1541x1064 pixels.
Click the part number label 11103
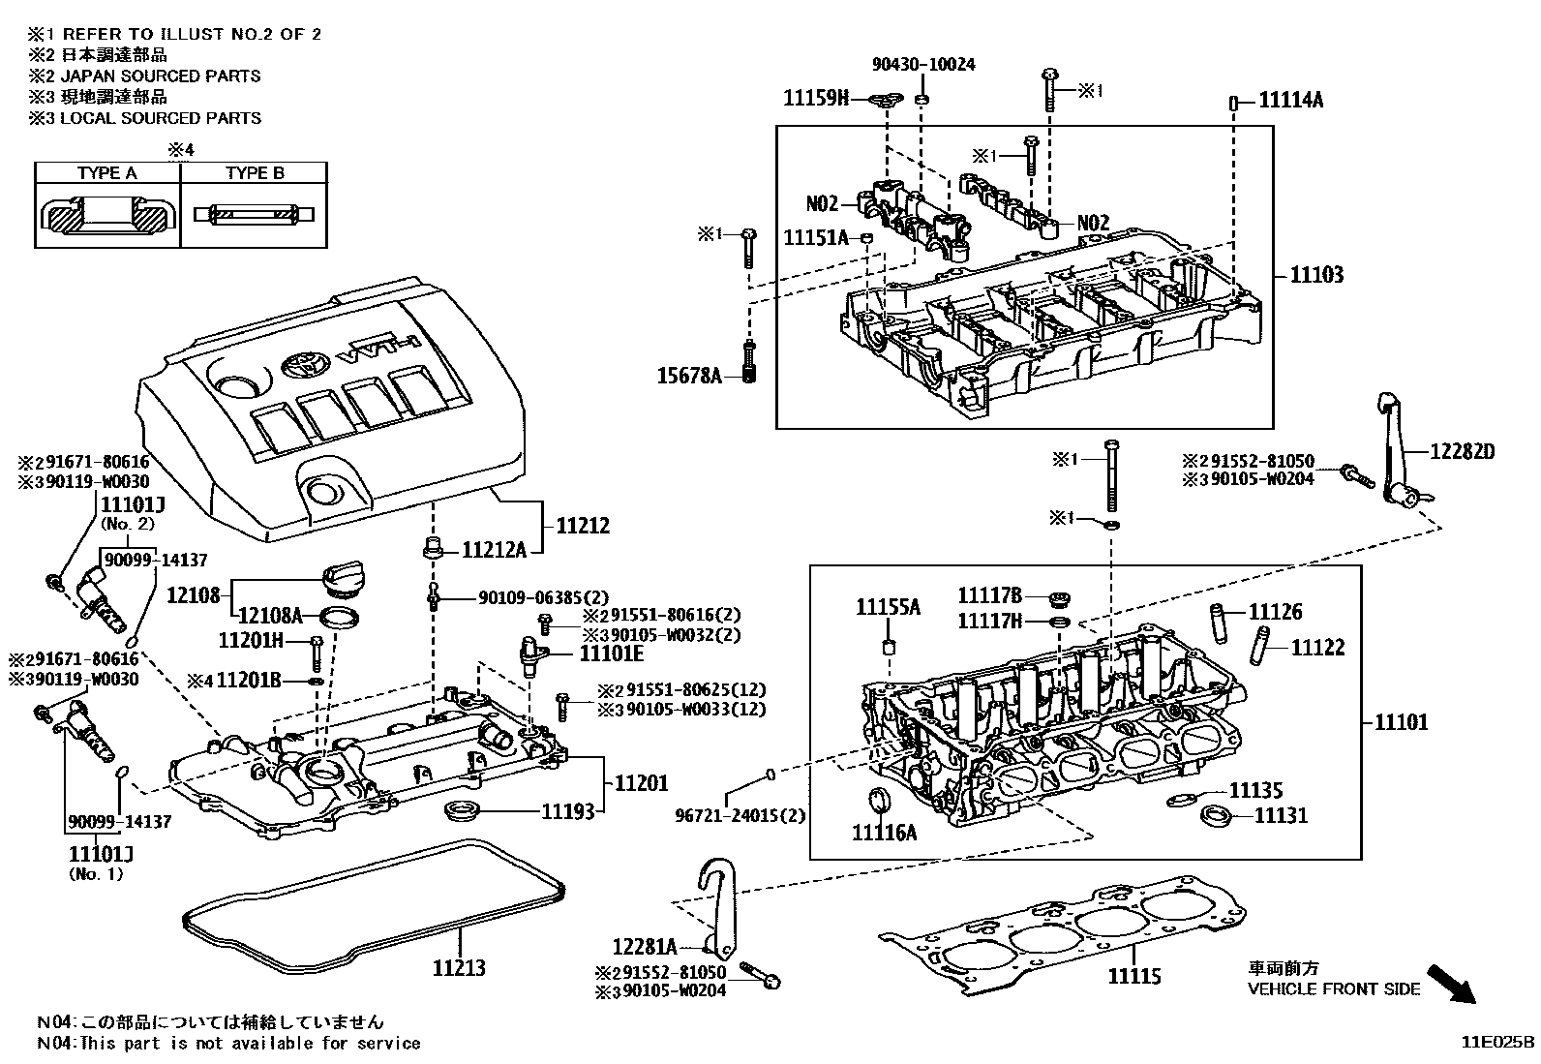(x=1316, y=276)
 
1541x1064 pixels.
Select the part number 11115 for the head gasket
(x=1133, y=977)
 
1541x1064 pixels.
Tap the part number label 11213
(x=458, y=967)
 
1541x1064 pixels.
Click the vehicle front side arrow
(x=1453, y=983)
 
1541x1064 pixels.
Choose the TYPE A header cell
(x=107, y=173)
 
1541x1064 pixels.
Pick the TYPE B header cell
(x=255, y=173)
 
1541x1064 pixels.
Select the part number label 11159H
(x=816, y=98)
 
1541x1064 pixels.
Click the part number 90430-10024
(x=923, y=65)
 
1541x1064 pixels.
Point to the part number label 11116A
(x=883, y=832)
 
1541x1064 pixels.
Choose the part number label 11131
(x=1281, y=816)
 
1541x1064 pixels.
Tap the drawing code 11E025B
(x=1497, y=1043)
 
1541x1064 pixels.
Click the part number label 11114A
(x=1290, y=100)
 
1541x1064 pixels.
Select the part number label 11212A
(x=494, y=551)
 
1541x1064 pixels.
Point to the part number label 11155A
(x=888, y=608)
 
